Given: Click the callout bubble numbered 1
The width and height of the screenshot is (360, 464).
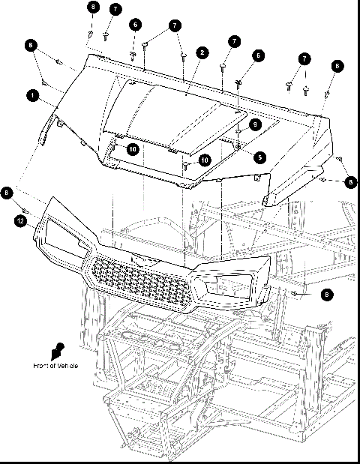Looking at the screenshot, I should point(32,95).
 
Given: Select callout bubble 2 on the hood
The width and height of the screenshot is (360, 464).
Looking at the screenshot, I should point(202,52).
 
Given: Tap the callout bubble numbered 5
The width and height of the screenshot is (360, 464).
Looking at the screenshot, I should point(259,157).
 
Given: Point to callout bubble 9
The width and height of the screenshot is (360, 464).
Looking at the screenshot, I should point(255,124).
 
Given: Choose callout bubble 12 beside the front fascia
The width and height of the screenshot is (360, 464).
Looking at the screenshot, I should point(22,220).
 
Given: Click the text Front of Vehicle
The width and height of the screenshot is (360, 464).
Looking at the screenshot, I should point(55,365).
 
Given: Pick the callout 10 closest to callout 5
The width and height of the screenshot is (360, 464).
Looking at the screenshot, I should point(203,160).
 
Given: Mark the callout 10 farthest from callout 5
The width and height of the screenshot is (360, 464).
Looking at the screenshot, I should point(132,149).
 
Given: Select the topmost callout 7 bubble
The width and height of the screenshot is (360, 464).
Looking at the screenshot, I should point(115,9).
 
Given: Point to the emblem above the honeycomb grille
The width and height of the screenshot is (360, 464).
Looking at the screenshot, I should point(139,256).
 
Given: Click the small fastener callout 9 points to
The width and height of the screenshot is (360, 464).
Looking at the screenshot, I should point(238,132).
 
